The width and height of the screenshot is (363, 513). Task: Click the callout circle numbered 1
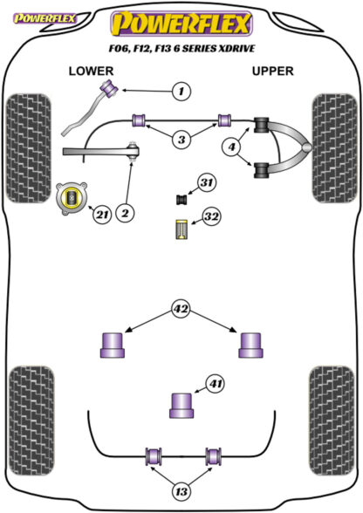(181, 91)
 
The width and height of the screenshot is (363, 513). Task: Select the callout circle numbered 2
(125, 213)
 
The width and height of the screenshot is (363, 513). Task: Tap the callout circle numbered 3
(181, 140)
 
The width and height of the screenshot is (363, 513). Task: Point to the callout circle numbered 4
(231, 147)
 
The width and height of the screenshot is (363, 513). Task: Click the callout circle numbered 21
(102, 215)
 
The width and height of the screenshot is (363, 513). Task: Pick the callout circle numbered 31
(206, 182)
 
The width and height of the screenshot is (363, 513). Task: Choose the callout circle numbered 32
(211, 216)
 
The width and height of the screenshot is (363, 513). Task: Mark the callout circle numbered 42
(181, 309)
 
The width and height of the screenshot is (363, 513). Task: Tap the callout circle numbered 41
(215, 384)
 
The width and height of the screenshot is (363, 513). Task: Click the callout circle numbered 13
(181, 491)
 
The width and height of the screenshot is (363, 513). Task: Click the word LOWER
(91, 71)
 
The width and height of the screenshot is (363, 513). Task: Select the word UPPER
(272, 71)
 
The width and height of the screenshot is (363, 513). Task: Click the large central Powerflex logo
(181, 24)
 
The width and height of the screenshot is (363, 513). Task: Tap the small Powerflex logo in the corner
(45, 18)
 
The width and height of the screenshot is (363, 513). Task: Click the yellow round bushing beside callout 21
(72, 199)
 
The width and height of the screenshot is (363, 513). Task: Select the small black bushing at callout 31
(181, 199)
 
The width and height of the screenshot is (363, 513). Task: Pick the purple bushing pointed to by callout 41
(181, 406)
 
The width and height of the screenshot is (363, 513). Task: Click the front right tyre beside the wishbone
(334, 148)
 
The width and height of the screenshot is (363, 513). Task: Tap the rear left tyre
(31, 421)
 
